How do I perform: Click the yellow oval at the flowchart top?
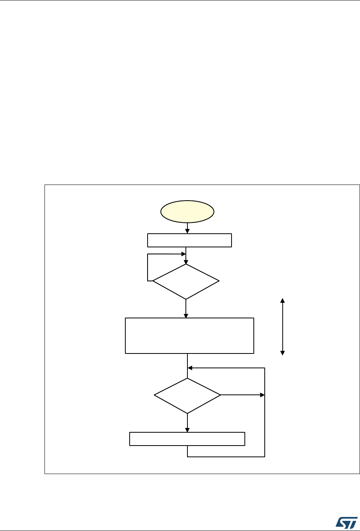click(x=188, y=211)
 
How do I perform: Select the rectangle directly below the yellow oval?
click(x=189, y=240)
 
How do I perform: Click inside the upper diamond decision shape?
click(x=186, y=281)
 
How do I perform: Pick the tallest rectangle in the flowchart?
click(x=189, y=336)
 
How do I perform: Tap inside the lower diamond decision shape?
click(x=187, y=395)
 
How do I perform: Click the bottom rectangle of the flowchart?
click(x=187, y=439)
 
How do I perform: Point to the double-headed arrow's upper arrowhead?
click(x=283, y=300)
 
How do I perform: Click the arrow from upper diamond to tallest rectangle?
click(x=186, y=309)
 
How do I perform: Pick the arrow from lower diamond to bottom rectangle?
click(x=187, y=423)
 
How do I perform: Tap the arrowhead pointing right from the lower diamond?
click(x=262, y=395)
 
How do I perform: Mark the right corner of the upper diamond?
click(x=219, y=281)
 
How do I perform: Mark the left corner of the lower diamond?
click(x=155, y=395)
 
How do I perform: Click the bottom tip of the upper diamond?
click(x=186, y=299)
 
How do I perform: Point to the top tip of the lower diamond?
click(x=187, y=378)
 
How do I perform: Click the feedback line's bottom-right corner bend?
click(x=265, y=456)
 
